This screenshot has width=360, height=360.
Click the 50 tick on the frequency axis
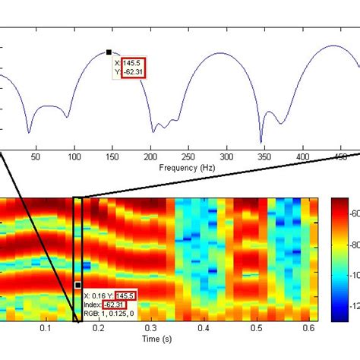click(x=35, y=156)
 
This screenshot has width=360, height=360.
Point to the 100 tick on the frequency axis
click(x=74, y=156)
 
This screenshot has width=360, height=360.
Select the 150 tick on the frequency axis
click(x=112, y=156)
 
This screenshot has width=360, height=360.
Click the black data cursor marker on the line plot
click(x=109, y=52)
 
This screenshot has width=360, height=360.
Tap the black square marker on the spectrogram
click(x=77, y=286)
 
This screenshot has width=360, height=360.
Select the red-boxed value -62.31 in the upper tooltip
click(x=132, y=72)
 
